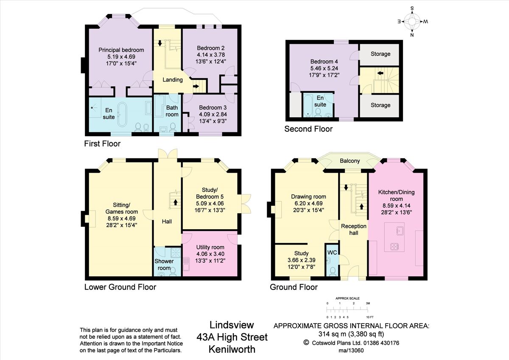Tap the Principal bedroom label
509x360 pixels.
(x=121, y=50)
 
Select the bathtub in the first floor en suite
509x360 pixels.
(x=122, y=114)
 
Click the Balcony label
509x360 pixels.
(x=350, y=161)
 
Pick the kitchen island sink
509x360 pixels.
(x=399, y=231)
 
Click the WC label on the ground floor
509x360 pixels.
(x=332, y=253)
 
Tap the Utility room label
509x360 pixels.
(x=210, y=247)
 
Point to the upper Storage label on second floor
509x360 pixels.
(x=380, y=54)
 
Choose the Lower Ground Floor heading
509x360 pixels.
(x=120, y=287)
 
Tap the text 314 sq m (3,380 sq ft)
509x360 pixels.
(x=351, y=334)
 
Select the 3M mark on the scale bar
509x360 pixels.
(x=368, y=304)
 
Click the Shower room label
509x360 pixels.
(x=164, y=264)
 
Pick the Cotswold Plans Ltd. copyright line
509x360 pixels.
(x=351, y=343)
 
